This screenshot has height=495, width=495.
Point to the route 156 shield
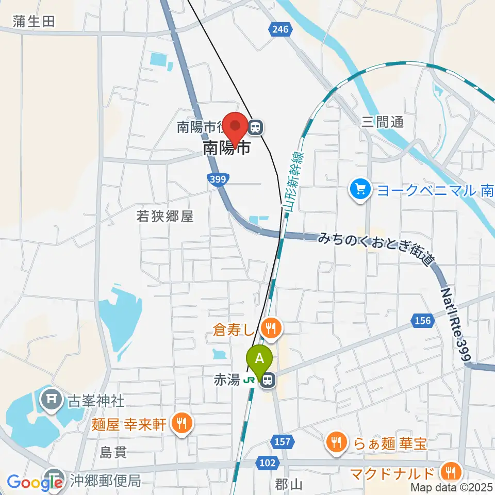(x=422, y=321)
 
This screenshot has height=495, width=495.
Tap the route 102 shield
(x=267, y=463)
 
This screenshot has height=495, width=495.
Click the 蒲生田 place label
(x=34, y=21)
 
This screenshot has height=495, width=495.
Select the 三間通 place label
(x=382, y=122)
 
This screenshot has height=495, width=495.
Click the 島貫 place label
(x=113, y=453)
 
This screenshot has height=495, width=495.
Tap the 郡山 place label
(x=288, y=485)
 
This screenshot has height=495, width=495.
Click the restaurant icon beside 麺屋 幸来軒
(x=181, y=424)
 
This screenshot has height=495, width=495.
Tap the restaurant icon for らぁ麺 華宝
(x=336, y=442)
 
